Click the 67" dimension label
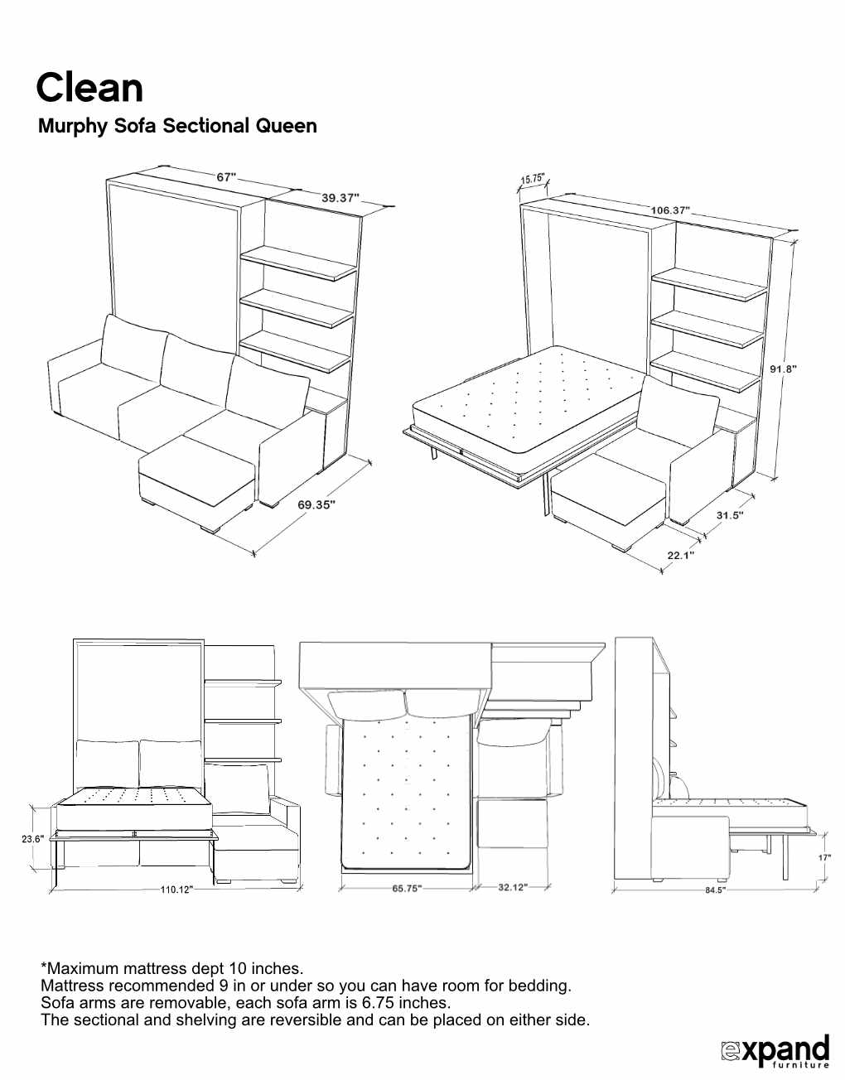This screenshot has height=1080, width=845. (226, 177)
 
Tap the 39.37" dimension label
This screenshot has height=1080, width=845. (340, 198)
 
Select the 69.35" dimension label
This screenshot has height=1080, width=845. (316, 504)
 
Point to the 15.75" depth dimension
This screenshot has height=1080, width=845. (532, 179)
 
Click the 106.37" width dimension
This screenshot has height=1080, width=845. (669, 210)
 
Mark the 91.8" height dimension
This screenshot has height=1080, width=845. (783, 369)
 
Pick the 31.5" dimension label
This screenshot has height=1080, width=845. (730, 515)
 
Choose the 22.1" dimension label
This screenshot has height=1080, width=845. (681, 555)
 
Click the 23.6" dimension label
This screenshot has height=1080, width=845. (32, 839)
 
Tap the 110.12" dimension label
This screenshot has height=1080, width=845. (176, 890)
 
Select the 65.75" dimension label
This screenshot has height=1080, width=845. (407, 889)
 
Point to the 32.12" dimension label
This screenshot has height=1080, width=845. (512, 888)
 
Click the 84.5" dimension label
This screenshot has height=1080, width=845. (715, 890)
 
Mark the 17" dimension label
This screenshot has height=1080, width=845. (824, 858)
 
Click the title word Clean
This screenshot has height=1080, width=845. (89, 89)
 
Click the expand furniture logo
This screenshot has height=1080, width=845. (775, 1051)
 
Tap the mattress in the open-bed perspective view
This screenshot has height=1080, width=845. (530, 398)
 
